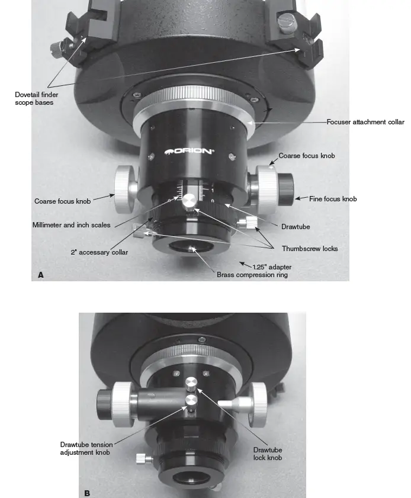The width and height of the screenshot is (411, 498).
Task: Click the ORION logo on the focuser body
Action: [x=189, y=151]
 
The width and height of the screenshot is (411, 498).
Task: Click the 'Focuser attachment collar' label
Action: [x=365, y=122]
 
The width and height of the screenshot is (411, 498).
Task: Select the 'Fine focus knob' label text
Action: [x=333, y=199]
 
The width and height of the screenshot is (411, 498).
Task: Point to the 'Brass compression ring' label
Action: [x=252, y=275]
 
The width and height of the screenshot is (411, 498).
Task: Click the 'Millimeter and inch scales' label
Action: [x=71, y=225]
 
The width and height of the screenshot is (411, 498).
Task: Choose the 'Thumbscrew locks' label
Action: [x=309, y=249]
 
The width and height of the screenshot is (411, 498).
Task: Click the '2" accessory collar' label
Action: [x=99, y=252]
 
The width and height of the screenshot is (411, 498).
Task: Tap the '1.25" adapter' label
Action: [x=272, y=266]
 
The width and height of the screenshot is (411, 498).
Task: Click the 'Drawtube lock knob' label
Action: [x=267, y=453]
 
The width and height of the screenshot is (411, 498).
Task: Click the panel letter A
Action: [x=40, y=274]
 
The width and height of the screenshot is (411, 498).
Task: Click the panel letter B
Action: [x=87, y=491]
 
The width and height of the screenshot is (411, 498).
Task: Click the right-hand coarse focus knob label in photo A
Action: [x=306, y=156]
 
